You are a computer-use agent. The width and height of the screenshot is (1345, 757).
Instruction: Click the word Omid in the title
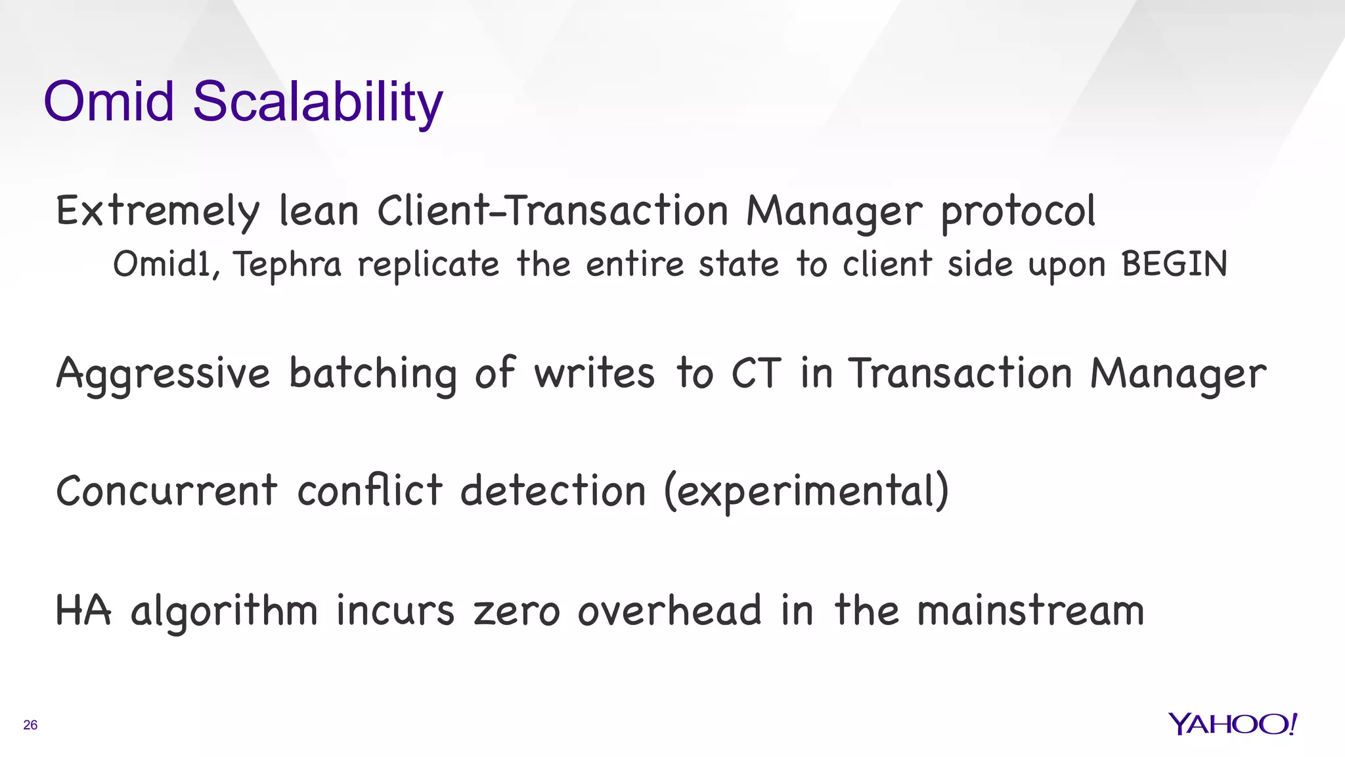pos(108,102)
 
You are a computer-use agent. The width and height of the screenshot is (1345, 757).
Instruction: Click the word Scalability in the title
pos(317,103)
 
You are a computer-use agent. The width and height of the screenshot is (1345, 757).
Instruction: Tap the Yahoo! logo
pos(1232,723)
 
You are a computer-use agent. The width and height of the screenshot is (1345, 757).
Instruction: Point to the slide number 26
pos(30,725)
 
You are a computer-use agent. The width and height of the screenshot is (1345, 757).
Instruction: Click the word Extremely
pos(158,212)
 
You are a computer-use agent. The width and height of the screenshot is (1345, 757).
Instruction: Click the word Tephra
pos(288,265)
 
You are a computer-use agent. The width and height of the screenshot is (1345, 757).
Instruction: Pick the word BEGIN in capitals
pos(1174,264)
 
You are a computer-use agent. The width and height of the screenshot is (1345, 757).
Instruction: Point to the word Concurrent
pos(167,491)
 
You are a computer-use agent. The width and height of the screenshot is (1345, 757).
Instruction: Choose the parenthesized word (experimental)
pos(806,492)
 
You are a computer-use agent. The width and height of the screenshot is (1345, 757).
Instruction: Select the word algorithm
pos(224,611)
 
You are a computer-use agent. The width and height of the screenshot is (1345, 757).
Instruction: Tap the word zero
pos(516,611)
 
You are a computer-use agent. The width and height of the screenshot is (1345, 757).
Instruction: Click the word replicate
pos(428,265)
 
